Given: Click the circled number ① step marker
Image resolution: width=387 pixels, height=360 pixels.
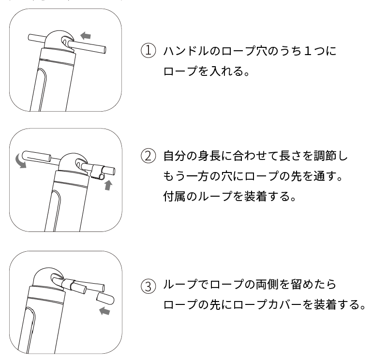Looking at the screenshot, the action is pos(149,51).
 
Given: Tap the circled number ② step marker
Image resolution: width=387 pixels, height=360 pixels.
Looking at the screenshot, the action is pos(149,156).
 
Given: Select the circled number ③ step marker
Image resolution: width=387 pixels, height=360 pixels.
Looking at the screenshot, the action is pos(149,286).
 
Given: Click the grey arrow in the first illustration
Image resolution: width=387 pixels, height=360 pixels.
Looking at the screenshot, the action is pos(86,36).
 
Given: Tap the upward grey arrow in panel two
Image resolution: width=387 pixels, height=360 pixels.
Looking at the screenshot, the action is pos(108,185).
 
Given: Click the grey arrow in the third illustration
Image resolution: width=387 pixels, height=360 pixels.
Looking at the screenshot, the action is pos(104,311).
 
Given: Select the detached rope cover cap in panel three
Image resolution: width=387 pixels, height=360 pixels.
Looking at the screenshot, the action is pos(105,298).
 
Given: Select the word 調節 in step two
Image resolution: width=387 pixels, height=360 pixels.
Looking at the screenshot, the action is pos(325,156).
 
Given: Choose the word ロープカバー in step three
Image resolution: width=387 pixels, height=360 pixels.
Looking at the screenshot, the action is pos(268,305).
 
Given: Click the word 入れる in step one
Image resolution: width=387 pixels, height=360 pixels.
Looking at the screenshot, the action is pos(226,72).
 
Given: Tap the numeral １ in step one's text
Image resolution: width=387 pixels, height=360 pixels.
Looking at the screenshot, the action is pos(308,51).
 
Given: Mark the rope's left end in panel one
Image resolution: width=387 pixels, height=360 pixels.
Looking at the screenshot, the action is pos(29,38).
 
